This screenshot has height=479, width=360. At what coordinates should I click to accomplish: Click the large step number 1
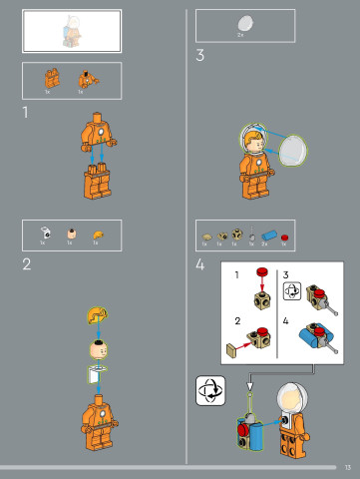click(26, 113)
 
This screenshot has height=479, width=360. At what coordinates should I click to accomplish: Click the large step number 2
click(27, 263)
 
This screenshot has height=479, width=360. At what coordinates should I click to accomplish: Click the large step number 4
click(200, 264)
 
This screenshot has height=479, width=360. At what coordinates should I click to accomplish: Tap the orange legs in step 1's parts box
click(50, 78)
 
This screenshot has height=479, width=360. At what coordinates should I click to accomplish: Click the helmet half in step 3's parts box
click(244, 22)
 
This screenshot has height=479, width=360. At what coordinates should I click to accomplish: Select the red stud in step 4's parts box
click(284, 236)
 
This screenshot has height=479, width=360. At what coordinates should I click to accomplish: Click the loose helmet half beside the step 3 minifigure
click(292, 150)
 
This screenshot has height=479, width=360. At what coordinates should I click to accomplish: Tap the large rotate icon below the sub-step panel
click(211, 390)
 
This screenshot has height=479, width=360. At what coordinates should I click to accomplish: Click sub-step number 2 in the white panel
click(236, 320)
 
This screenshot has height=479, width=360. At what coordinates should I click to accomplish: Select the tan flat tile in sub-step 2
click(233, 348)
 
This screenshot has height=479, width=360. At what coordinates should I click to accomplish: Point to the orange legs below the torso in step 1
click(98, 181)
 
